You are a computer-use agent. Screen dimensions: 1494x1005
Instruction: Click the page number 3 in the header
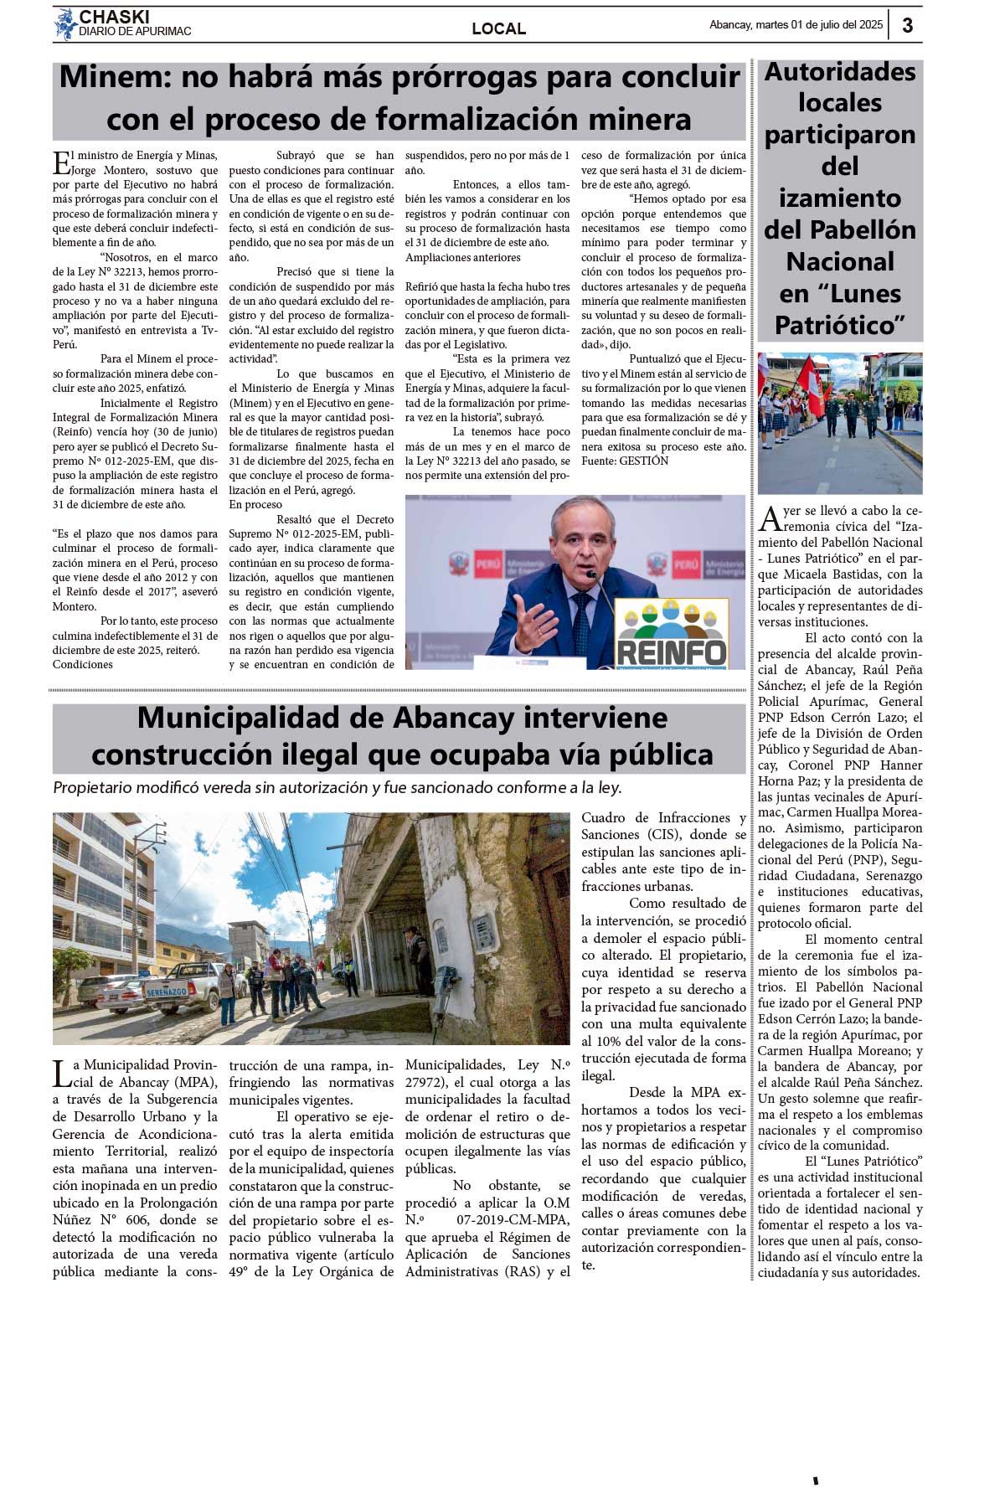(x=907, y=25)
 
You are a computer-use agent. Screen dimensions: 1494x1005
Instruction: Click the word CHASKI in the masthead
(x=114, y=17)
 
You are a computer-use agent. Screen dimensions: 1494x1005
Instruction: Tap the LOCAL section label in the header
(x=498, y=28)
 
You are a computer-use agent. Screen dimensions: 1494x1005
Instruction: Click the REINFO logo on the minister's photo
(x=672, y=634)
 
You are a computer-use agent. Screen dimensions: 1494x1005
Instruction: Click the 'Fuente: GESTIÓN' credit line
(x=625, y=461)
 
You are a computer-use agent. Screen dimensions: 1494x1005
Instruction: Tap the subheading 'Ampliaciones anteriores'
(x=462, y=257)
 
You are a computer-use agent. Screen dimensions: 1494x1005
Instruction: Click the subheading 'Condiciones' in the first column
(x=82, y=664)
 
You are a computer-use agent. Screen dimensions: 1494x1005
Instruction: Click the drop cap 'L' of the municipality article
(x=61, y=1074)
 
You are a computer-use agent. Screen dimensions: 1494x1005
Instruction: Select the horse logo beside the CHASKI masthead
(x=64, y=24)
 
